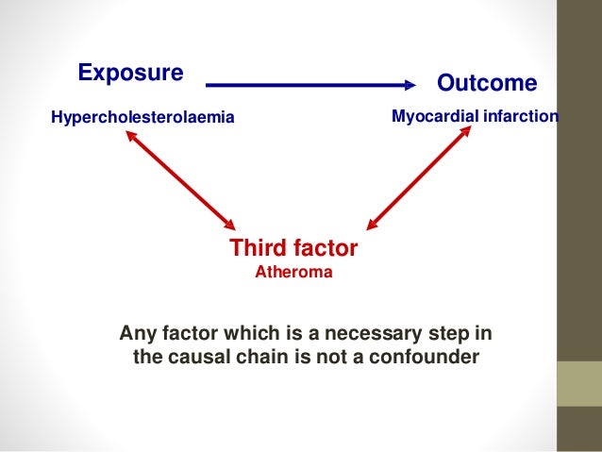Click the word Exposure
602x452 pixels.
[130, 73]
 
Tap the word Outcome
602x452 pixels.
[486, 84]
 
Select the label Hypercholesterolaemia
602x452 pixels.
[142, 118]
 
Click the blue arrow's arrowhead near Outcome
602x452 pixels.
[410, 84]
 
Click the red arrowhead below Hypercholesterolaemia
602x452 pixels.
[126, 136]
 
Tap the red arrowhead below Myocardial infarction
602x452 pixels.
[466, 133]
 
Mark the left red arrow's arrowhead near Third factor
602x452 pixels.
[228, 225]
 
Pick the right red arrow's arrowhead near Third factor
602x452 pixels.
[373, 225]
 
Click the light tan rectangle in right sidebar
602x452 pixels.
[578, 384]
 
